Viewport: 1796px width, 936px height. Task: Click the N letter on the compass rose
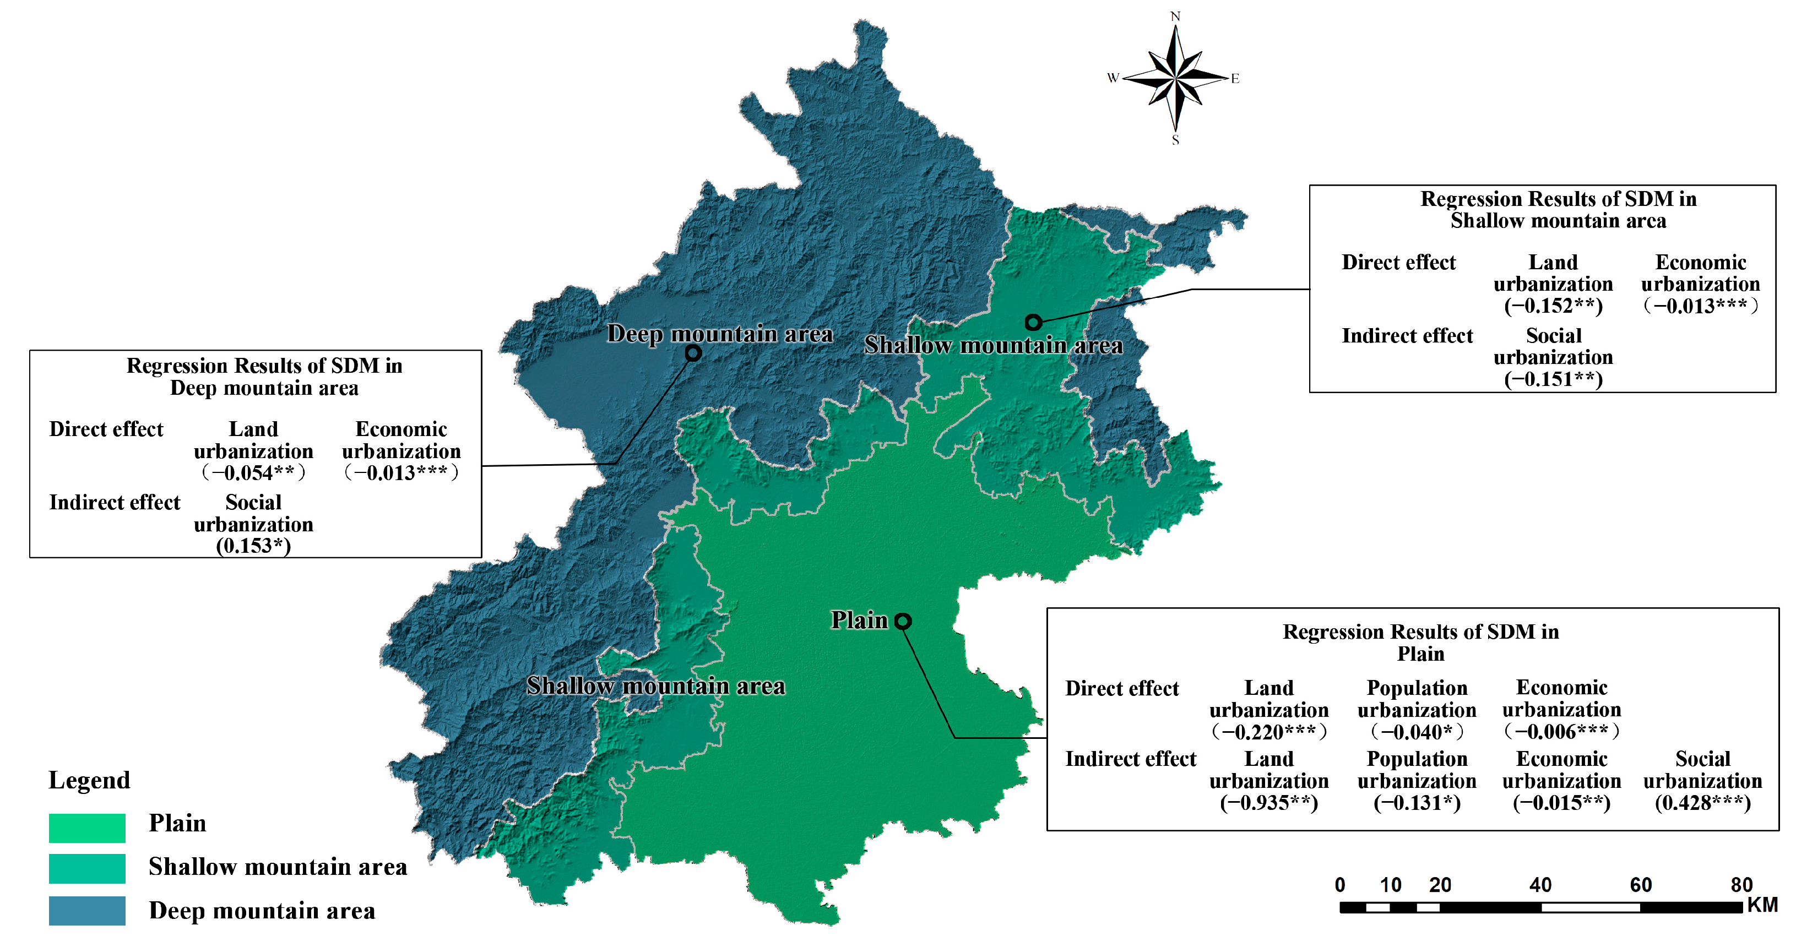pyautogui.click(x=1175, y=17)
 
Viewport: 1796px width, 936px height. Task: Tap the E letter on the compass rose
pyautogui.click(x=1235, y=79)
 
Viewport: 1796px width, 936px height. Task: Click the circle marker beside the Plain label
pyautogui.click(x=903, y=621)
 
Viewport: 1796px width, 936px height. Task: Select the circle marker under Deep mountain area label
pyautogui.click(x=692, y=353)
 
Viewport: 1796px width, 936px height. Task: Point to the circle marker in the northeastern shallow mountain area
pyautogui.click(x=1033, y=322)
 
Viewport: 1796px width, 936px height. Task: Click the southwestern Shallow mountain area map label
pyautogui.click(x=655, y=687)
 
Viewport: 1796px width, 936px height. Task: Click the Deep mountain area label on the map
pyautogui.click(x=719, y=334)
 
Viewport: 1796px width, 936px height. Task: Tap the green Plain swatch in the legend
pyautogui.click(x=87, y=828)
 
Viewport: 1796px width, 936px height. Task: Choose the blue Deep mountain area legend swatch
pyautogui.click(x=87, y=911)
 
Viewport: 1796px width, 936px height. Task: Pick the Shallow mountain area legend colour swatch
pyautogui.click(x=87, y=868)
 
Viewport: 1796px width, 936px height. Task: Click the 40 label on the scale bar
pyautogui.click(x=1540, y=885)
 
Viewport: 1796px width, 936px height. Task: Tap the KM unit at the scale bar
pyautogui.click(x=1762, y=905)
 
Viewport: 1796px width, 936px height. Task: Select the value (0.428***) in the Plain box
pyautogui.click(x=1702, y=803)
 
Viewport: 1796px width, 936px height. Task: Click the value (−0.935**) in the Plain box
pyautogui.click(x=1269, y=803)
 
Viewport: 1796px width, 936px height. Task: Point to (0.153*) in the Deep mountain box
pyautogui.click(x=253, y=546)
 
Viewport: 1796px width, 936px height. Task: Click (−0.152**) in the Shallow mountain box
pyautogui.click(x=1553, y=306)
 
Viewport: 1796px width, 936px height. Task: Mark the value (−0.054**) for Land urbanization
pyautogui.click(x=253, y=473)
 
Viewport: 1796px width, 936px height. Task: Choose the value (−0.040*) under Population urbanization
pyautogui.click(x=1417, y=732)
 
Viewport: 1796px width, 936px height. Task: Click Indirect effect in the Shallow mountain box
pyautogui.click(x=1407, y=336)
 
